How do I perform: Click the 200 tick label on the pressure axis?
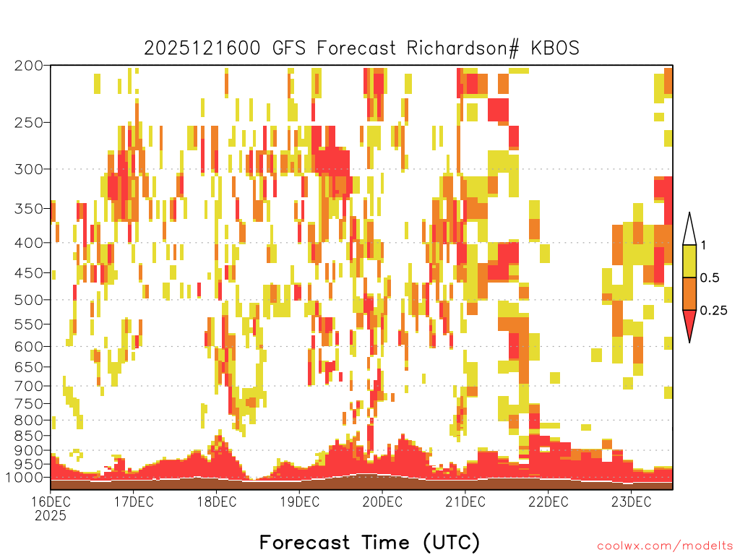point(28,66)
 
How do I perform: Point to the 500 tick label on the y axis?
point(28,300)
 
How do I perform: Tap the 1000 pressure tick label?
point(25,478)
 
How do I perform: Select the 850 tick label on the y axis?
point(28,436)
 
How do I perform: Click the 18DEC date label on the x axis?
point(217,502)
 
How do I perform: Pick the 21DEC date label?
point(465,502)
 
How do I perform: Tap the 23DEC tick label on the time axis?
point(632,502)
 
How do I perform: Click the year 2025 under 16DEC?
point(51,516)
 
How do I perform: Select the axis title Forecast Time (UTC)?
point(369,542)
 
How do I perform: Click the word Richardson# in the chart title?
point(462,48)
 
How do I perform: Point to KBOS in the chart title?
point(555,48)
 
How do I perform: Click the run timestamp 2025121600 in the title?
point(202,48)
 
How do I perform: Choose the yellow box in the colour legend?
point(689,261)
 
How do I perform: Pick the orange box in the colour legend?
point(689,293)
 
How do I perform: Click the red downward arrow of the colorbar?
point(689,325)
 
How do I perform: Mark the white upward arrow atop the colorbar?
point(689,230)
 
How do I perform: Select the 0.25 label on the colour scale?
point(713,311)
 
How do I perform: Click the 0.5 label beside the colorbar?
point(710,278)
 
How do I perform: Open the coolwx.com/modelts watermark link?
point(666,546)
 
